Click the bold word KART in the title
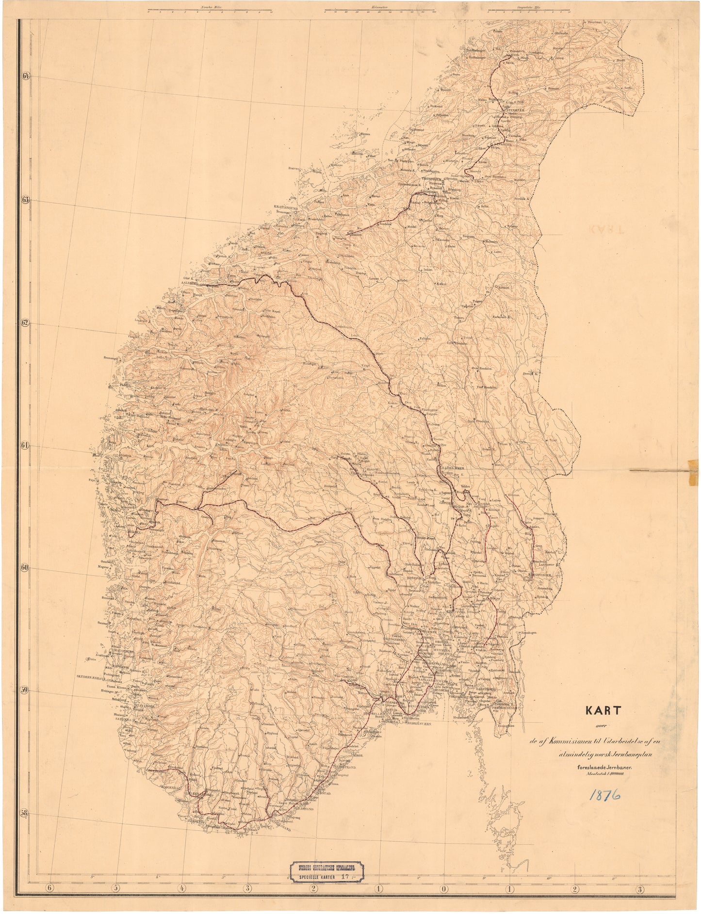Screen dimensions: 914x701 coord(603,710)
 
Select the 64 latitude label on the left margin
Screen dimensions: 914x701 coord(26,76)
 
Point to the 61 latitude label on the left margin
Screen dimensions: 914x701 coord(26,445)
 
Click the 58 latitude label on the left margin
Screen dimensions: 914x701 coord(26,813)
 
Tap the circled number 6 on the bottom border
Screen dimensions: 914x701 coord(50,889)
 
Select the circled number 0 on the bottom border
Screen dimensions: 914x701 coord(444,889)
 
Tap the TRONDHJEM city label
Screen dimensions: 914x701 coord(419,178)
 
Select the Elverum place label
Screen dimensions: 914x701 coord(513,495)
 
